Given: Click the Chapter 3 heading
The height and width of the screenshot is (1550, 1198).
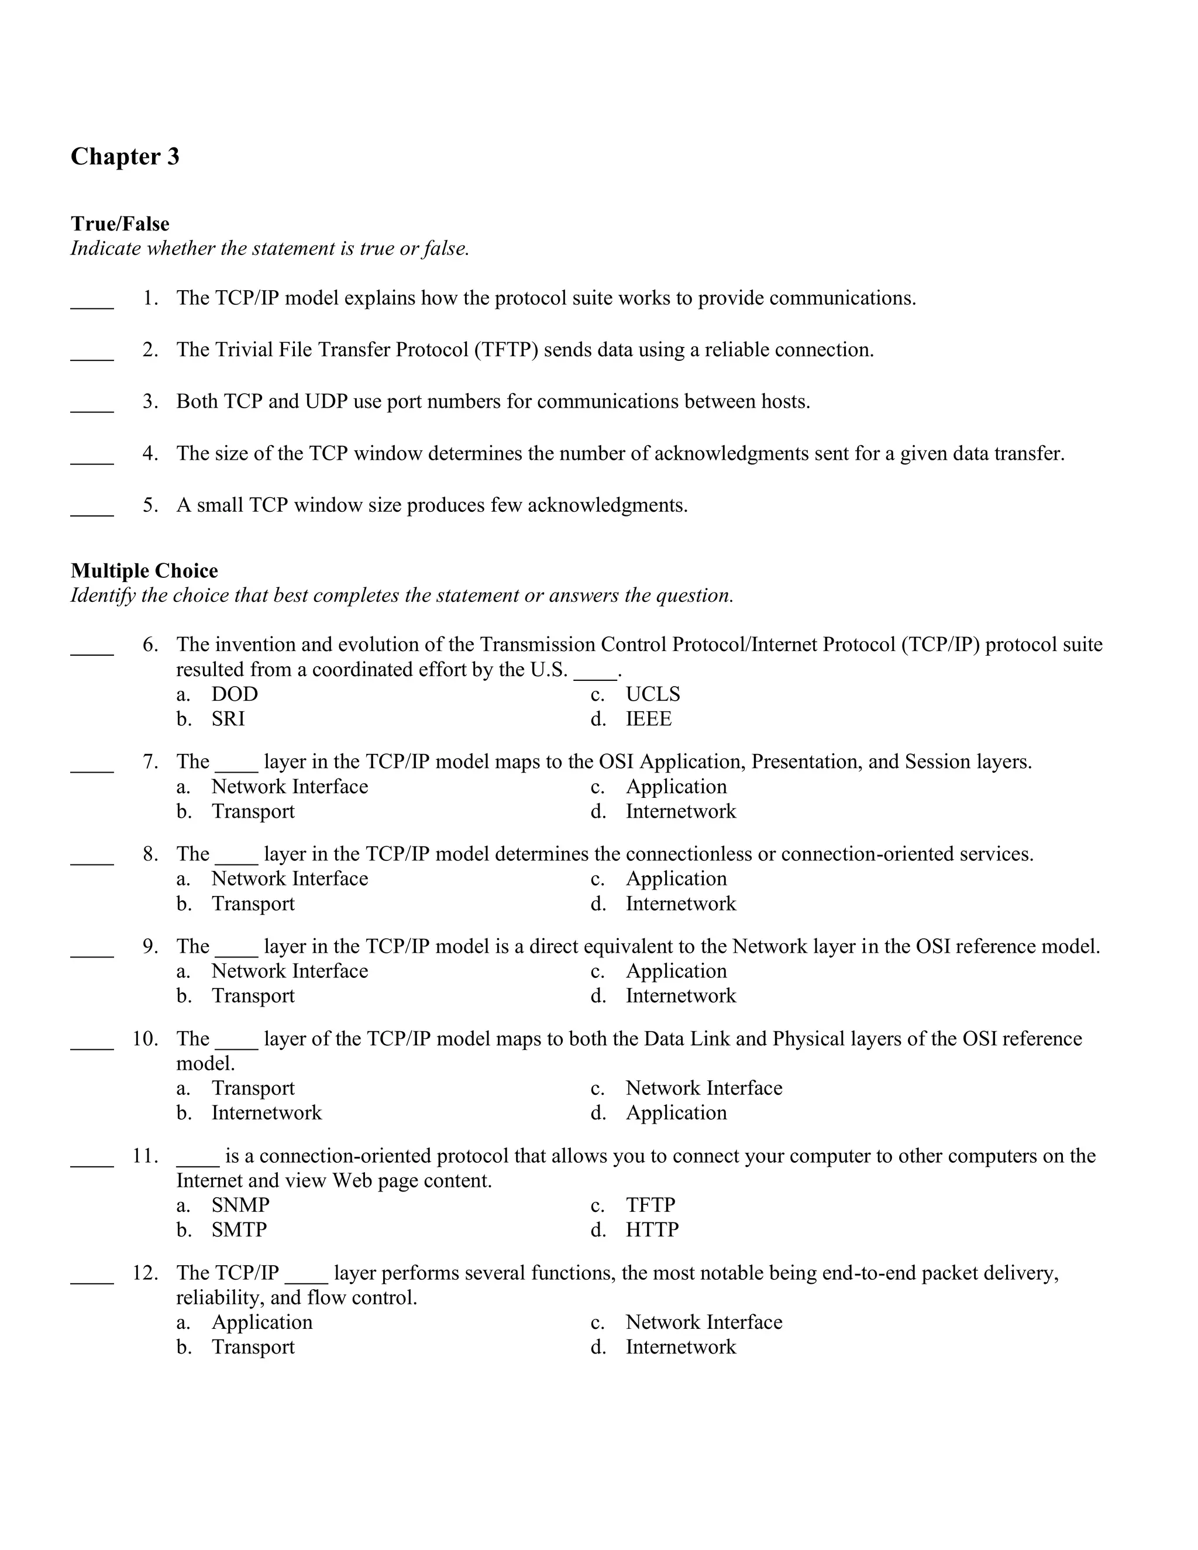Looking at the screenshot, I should pos(125,157).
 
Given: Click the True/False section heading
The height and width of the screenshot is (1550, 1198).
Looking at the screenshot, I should pos(120,224).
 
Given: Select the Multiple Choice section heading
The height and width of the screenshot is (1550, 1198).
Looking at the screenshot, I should pos(144,571).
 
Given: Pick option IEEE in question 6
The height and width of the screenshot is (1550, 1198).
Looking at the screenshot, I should pos(648,719).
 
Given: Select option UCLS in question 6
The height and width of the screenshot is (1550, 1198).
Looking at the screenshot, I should pos(652,695).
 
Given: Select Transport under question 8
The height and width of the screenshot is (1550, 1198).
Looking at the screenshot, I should pos(253,904).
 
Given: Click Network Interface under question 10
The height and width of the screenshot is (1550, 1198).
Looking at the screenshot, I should pos(703,1089).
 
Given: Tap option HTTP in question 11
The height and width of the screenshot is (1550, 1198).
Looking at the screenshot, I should pos(652,1230).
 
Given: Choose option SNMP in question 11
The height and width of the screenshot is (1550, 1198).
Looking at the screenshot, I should pos(240,1205).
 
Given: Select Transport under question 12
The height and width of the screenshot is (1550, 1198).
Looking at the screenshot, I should pos(253,1347).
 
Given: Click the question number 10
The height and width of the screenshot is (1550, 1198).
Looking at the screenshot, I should pos(145,1039).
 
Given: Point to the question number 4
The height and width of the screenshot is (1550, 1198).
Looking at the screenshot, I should pos(150,453).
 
